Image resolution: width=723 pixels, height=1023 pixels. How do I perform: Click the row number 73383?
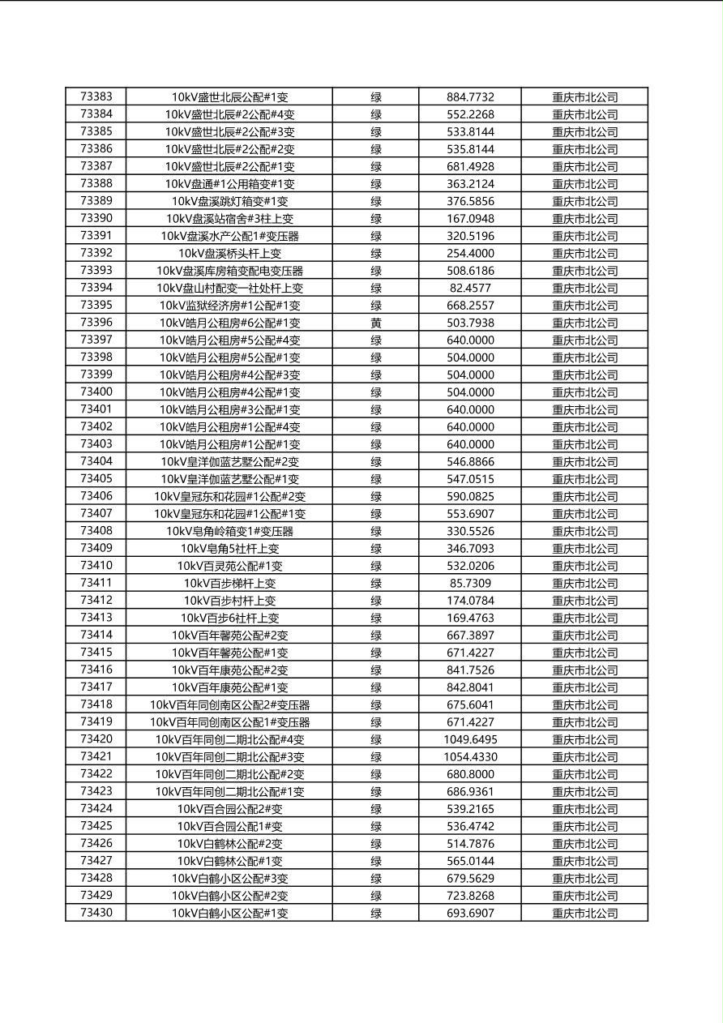96,96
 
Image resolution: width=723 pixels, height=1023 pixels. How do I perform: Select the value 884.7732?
470,97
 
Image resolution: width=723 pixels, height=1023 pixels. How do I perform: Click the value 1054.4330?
470,757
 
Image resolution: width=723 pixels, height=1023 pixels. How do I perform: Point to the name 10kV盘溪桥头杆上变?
229,254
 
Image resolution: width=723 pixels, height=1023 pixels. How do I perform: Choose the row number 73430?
96,913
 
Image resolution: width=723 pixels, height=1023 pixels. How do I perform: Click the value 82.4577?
470,289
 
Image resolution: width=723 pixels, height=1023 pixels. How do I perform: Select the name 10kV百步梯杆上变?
229,584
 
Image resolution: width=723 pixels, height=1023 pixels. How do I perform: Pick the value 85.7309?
470,584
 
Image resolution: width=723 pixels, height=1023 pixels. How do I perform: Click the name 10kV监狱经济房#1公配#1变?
229,306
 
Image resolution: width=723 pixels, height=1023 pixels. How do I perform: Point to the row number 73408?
96,531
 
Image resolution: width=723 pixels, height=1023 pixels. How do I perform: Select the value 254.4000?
470,254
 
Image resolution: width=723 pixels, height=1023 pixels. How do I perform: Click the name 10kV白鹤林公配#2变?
229,844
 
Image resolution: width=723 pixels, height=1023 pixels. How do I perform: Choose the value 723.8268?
470,896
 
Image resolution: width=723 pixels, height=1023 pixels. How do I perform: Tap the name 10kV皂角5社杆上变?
229,549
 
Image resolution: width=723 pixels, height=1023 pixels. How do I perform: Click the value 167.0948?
470,219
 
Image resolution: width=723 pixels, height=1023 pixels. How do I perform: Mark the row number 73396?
96,323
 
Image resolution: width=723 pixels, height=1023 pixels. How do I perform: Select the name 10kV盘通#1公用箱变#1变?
229,184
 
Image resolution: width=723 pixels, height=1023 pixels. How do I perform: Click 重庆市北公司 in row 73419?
584,722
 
